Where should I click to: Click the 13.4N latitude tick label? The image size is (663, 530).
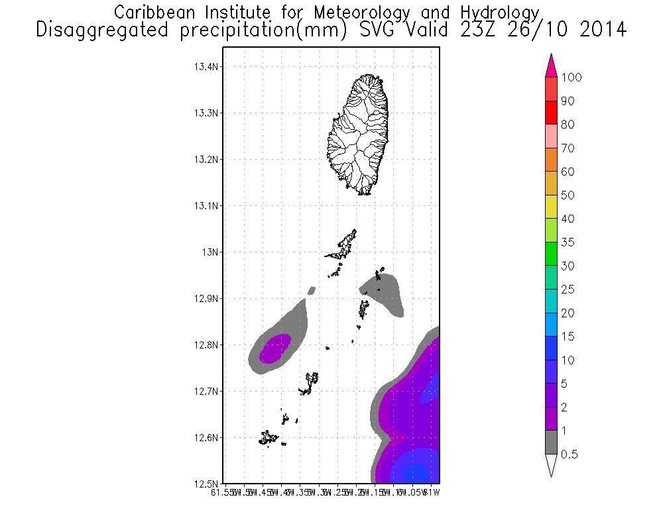(206, 67)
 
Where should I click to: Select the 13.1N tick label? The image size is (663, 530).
(206, 206)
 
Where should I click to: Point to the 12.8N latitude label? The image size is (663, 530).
(206, 345)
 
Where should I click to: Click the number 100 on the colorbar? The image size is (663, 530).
(571, 78)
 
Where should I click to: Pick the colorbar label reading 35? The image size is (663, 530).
(567, 242)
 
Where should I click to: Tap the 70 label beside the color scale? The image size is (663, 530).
(567, 148)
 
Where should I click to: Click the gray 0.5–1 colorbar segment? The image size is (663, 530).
(550, 443)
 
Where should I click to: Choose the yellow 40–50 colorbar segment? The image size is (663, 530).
(550, 207)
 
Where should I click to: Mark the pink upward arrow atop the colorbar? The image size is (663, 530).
(550, 66)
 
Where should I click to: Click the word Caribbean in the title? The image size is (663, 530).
(154, 13)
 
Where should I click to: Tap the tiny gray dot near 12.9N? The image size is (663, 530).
(312, 290)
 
